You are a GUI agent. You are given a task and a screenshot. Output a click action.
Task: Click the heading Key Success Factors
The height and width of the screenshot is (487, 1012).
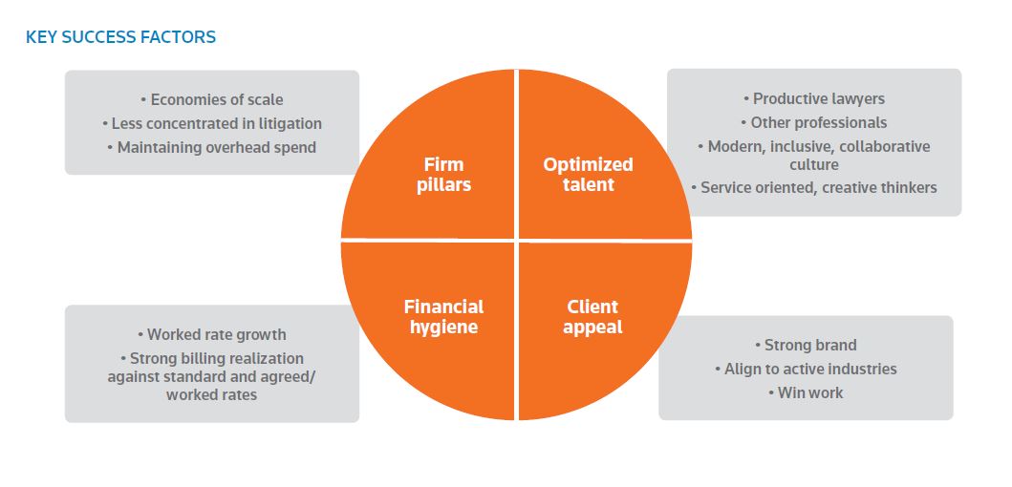(x=120, y=37)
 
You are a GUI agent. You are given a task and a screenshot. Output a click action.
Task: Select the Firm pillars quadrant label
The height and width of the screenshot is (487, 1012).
(x=443, y=175)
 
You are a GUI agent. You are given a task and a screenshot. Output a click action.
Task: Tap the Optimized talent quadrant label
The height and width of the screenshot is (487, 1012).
(x=588, y=175)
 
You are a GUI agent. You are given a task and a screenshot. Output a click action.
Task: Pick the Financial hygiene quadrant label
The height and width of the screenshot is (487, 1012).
(x=443, y=317)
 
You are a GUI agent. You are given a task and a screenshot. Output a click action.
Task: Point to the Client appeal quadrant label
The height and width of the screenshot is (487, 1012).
(x=592, y=317)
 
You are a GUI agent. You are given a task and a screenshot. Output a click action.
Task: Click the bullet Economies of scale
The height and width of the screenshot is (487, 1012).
(x=212, y=99)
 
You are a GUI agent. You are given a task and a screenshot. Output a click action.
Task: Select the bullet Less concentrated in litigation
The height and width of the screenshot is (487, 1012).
(x=212, y=123)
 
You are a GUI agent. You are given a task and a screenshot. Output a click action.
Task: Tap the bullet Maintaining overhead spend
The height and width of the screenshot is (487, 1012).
(x=212, y=148)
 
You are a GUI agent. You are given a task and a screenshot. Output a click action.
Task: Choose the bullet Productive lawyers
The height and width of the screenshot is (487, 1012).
(x=814, y=98)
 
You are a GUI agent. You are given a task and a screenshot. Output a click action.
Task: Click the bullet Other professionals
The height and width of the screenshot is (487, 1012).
(x=814, y=122)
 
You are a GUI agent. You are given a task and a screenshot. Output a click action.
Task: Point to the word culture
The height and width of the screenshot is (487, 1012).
(x=814, y=164)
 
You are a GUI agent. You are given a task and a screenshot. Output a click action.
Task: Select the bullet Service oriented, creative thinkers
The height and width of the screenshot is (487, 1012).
(x=814, y=187)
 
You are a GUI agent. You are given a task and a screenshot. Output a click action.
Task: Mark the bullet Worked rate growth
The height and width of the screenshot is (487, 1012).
(x=212, y=334)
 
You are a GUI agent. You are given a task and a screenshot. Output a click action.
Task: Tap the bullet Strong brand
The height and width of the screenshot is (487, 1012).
(x=806, y=345)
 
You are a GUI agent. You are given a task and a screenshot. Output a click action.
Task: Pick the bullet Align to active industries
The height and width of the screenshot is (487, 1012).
(x=806, y=369)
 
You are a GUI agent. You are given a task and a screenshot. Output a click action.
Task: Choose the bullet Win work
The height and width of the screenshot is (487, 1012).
(x=806, y=392)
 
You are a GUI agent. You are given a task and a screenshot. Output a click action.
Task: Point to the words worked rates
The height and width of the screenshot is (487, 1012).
(x=212, y=394)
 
